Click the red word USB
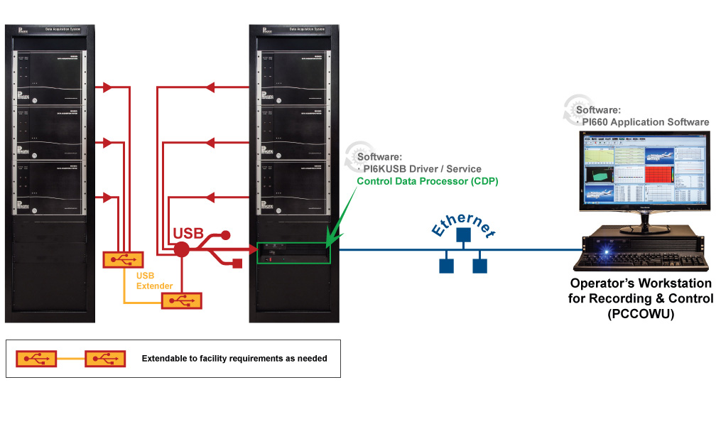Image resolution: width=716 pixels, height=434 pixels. coord(189,234)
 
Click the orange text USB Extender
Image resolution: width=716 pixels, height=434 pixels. coord(154,281)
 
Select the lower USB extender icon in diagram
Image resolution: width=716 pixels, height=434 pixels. coord(183,300)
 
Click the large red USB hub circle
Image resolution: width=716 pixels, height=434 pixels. coord(182,249)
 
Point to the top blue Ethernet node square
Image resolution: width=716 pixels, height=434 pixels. coord(463,235)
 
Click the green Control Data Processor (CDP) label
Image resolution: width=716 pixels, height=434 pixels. coord(428,181)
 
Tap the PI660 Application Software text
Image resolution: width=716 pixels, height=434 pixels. coord(645,122)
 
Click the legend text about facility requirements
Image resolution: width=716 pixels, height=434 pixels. coord(234,359)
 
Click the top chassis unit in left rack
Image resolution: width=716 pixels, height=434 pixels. coord(50,77)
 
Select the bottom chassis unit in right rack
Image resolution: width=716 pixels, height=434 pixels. coord(293,185)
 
